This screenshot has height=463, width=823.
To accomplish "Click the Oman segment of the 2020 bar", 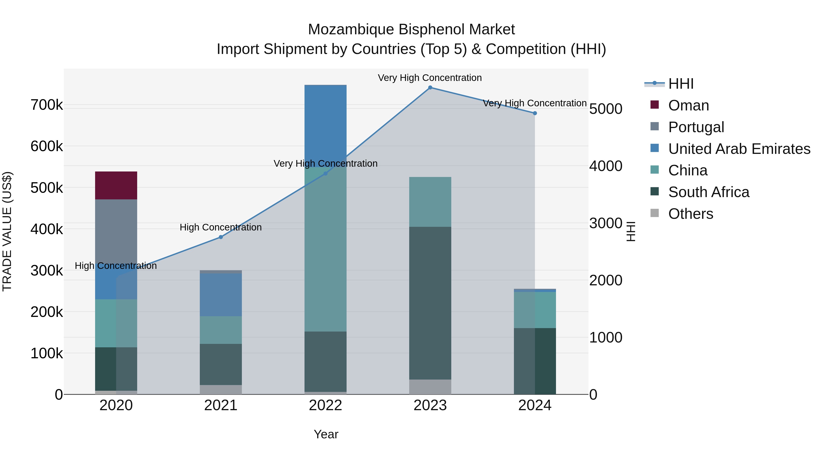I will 116,185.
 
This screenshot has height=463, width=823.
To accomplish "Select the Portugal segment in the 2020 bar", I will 116,230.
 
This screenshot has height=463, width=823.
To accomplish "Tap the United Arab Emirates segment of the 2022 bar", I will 325,125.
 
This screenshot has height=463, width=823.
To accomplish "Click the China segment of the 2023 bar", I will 430,202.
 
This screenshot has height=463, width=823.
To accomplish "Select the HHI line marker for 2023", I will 430,88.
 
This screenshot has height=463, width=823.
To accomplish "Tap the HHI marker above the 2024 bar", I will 535,113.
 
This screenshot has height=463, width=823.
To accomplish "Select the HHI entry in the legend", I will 681,84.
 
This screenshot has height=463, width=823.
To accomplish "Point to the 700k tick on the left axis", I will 47,105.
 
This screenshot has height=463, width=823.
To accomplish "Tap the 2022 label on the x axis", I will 325,405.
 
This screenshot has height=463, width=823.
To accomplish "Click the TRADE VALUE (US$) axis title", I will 7,231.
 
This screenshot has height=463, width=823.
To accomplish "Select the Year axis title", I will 326,434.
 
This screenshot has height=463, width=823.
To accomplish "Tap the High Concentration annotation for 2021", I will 220,227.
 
